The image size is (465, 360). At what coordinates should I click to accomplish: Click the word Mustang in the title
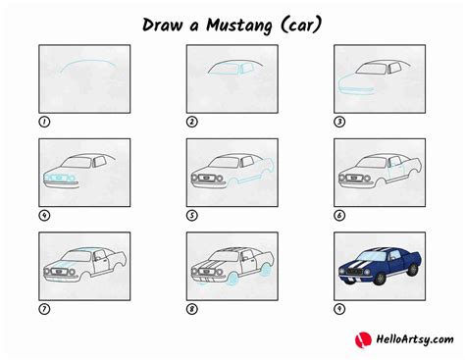(x=239, y=26)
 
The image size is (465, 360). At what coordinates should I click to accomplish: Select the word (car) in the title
(x=301, y=25)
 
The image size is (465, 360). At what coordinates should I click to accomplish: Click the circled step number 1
(x=44, y=122)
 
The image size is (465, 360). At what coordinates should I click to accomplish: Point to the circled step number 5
(x=192, y=216)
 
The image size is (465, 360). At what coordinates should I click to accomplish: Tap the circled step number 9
(x=339, y=309)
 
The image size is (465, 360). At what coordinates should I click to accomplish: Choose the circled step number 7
(x=44, y=309)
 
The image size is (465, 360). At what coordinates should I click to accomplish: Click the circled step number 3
(x=339, y=122)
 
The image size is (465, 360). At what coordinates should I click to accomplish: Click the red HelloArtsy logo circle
(x=363, y=339)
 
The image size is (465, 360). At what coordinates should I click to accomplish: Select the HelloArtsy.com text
(x=415, y=339)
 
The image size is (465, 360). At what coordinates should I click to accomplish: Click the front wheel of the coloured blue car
(x=381, y=279)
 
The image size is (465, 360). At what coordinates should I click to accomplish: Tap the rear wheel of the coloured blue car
(x=413, y=270)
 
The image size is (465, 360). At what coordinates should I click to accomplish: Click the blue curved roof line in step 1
(x=87, y=61)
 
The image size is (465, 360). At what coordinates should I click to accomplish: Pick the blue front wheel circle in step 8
(x=233, y=279)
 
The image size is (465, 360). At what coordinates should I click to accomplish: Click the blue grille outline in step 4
(x=60, y=178)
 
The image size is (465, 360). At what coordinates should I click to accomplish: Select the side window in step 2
(x=247, y=68)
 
